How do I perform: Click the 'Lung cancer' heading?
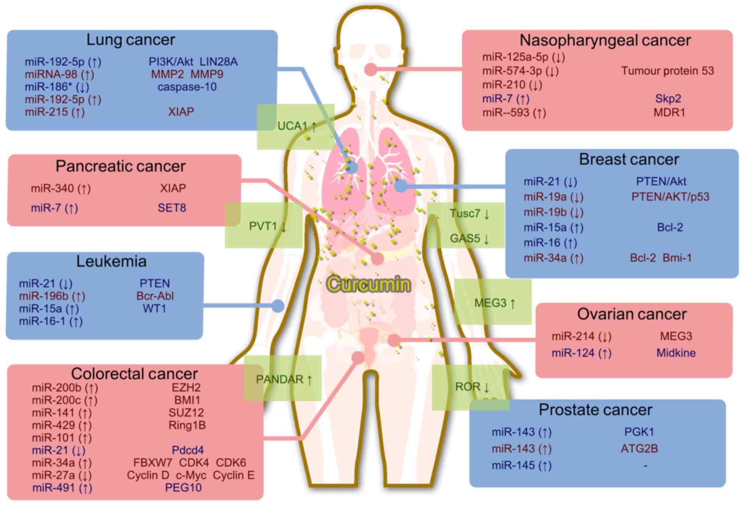[131, 40]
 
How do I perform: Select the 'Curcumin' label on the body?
[369, 284]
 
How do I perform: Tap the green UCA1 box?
[296, 126]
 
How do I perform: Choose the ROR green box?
[471, 387]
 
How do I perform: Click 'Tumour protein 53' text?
[667, 71]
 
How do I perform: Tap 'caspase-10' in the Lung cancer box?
[187, 87]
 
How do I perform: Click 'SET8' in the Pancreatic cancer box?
[172, 208]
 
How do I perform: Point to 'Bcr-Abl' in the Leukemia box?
[155, 296]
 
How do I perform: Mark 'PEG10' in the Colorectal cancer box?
[183, 487]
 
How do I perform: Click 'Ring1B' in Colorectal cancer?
[187, 425]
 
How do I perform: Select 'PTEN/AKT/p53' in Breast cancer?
[670, 197]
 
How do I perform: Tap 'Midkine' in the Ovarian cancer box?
[676, 353]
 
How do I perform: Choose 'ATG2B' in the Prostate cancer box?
[639, 449]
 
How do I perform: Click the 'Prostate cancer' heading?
[595, 410]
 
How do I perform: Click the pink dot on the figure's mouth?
[370, 70]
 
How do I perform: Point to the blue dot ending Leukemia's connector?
[278, 306]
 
